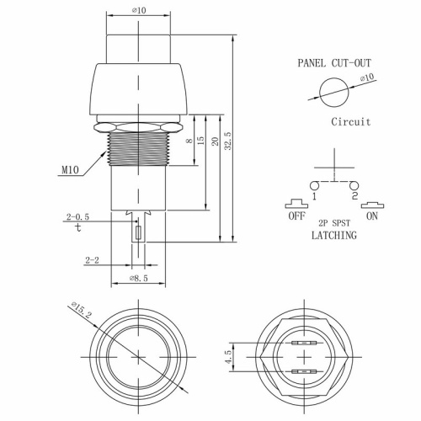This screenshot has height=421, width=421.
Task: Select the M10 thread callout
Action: coord(72,171)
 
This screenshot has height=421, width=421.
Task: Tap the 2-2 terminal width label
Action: coord(93,261)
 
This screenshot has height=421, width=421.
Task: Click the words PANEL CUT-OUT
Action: coord(333,62)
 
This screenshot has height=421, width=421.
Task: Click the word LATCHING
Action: coord(333,236)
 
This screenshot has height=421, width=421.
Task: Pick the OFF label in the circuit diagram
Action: coord(296,216)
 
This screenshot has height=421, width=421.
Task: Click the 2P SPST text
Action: coord(333,223)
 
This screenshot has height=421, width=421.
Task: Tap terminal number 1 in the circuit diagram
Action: coord(312,196)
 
